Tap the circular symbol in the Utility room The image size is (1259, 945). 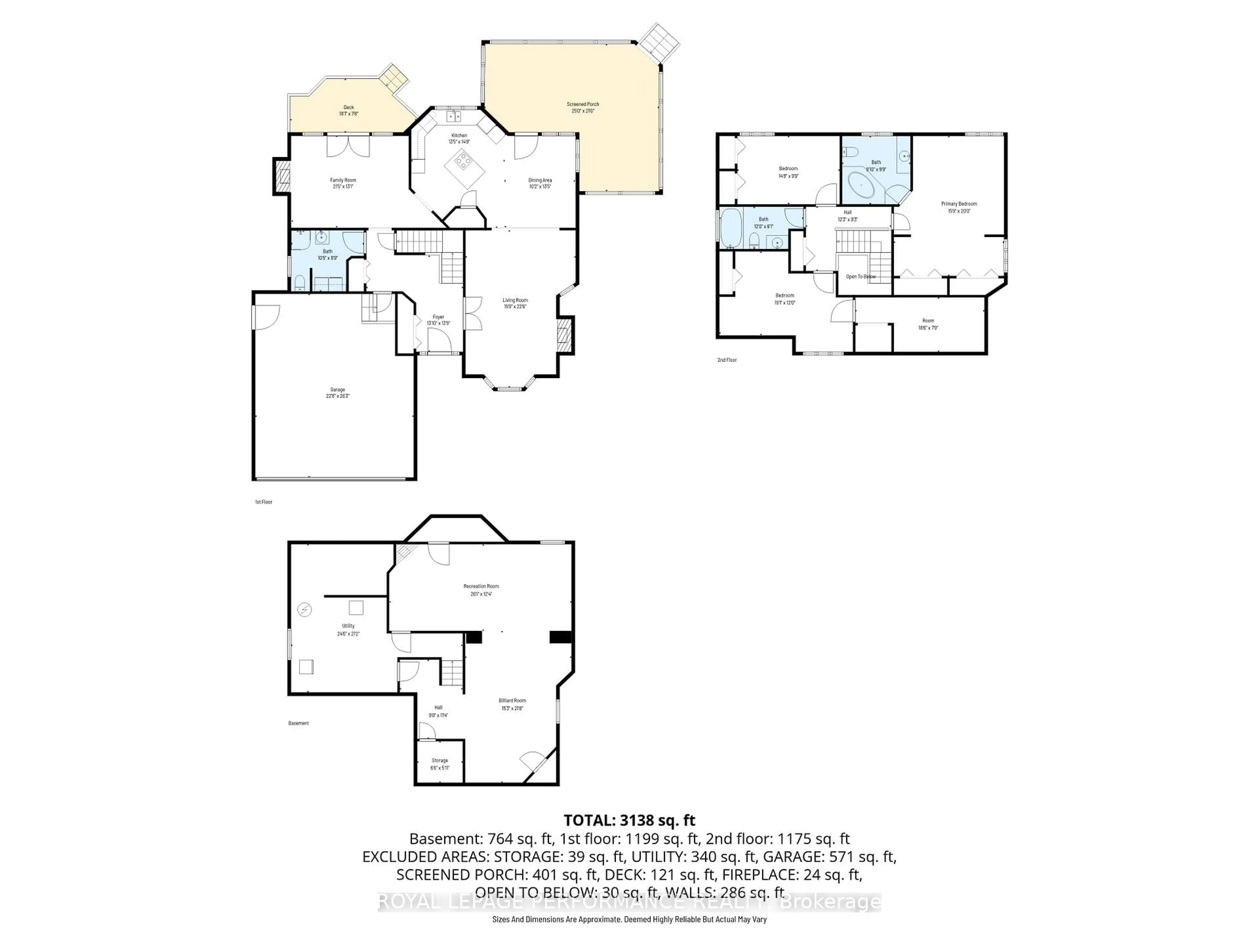[305, 610]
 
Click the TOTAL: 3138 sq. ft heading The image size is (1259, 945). [629, 820]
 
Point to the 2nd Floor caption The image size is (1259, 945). [727, 360]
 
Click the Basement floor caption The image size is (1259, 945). [298, 724]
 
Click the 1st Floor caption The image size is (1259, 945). [264, 502]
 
